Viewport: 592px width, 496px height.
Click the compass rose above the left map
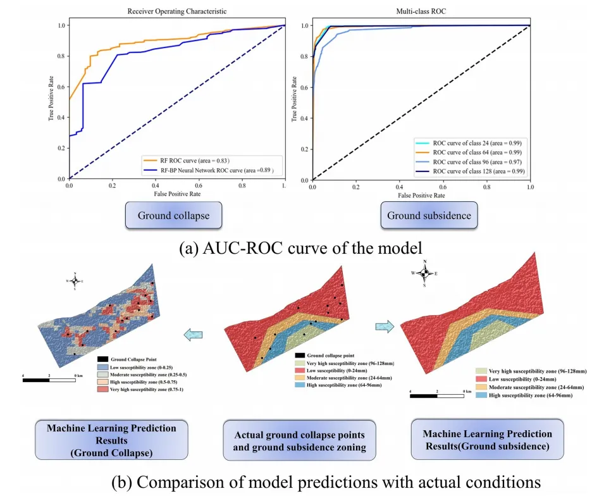(75, 280)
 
